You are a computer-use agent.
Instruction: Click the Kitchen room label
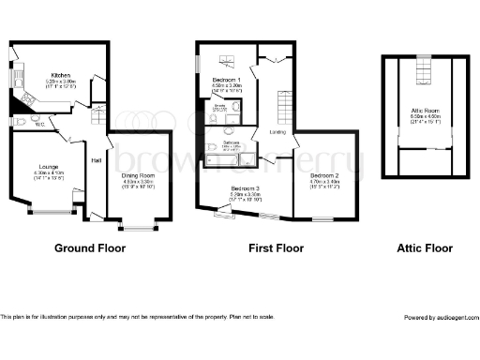point(61,75)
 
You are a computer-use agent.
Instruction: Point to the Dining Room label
point(139,175)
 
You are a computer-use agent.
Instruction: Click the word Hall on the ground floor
point(96,160)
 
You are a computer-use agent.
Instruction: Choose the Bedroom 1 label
point(227,80)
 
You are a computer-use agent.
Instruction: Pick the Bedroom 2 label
point(324,176)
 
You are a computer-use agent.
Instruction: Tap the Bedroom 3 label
point(246,188)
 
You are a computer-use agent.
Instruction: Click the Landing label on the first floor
point(278,131)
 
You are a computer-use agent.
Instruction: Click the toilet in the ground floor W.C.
point(21,122)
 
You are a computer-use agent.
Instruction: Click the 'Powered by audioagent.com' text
point(440,318)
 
